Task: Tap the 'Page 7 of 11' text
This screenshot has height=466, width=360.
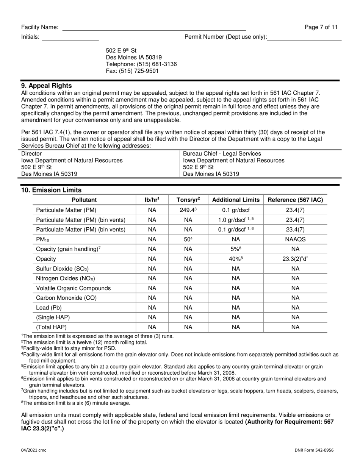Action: pyautogui.click(x=321, y=27)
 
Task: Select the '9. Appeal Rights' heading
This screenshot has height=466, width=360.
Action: pyautogui.click(x=47, y=86)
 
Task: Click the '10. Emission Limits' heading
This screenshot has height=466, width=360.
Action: pyautogui.click(x=51, y=190)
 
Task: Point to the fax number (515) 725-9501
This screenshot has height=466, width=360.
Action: pyautogui.click(x=132, y=71)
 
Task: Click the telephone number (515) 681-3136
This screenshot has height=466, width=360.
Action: pyautogui.click(x=141, y=64)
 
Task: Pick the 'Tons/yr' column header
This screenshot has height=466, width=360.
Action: pyautogui.click(x=188, y=200)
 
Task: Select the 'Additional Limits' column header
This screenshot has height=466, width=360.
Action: pyautogui.click(x=236, y=200)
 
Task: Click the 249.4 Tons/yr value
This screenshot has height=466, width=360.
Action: pyautogui.click(x=188, y=210)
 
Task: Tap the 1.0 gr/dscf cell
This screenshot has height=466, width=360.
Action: pyautogui.click(x=236, y=220)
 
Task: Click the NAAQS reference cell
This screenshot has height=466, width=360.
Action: pyautogui.click(x=295, y=239)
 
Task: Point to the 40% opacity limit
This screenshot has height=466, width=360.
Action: pyautogui.click(x=236, y=259)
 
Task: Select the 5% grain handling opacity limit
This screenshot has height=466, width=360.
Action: pyautogui.click(x=236, y=249)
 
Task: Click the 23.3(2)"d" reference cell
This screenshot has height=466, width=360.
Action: pyautogui.click(x=295, y=259)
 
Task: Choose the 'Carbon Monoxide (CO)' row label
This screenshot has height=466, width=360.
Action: pyautogui.click(x=66, y=298)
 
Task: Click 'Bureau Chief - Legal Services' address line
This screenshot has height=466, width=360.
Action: pyautogui.click(x=222, y=154)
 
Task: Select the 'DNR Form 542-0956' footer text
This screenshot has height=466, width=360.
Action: pyautogui.click(x=314, y=450)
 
